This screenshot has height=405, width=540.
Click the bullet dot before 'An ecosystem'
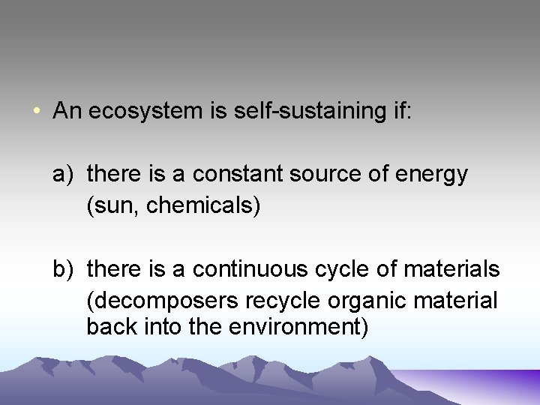click(37, 112)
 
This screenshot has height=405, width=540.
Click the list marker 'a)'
click(62, 175)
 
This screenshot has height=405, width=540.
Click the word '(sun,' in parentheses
click(113, 206)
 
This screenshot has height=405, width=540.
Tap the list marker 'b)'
click(62, 268)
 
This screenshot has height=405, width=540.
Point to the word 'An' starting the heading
click(67, 112)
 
